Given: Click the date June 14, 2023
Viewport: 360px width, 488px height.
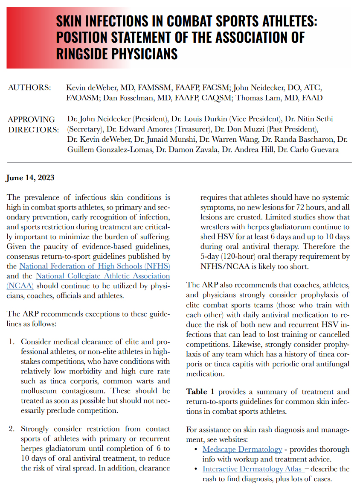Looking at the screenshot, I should click(x=30, y=178).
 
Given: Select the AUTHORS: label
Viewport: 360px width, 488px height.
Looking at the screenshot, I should click(x=29, y=88).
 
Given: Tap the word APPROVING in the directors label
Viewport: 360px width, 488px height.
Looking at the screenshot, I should click(x=31, y=120).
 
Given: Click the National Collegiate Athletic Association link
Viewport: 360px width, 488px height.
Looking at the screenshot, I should click(x=103, y=276).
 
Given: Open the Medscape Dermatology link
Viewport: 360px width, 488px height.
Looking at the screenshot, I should click(x=242, y=449).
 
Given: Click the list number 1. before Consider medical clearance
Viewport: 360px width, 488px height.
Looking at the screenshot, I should click(x=12, y=342).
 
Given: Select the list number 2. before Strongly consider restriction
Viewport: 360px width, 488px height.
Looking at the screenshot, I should click(x=12, y=429).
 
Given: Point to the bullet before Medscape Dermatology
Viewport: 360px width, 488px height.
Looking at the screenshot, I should click(x=195, y=449).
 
